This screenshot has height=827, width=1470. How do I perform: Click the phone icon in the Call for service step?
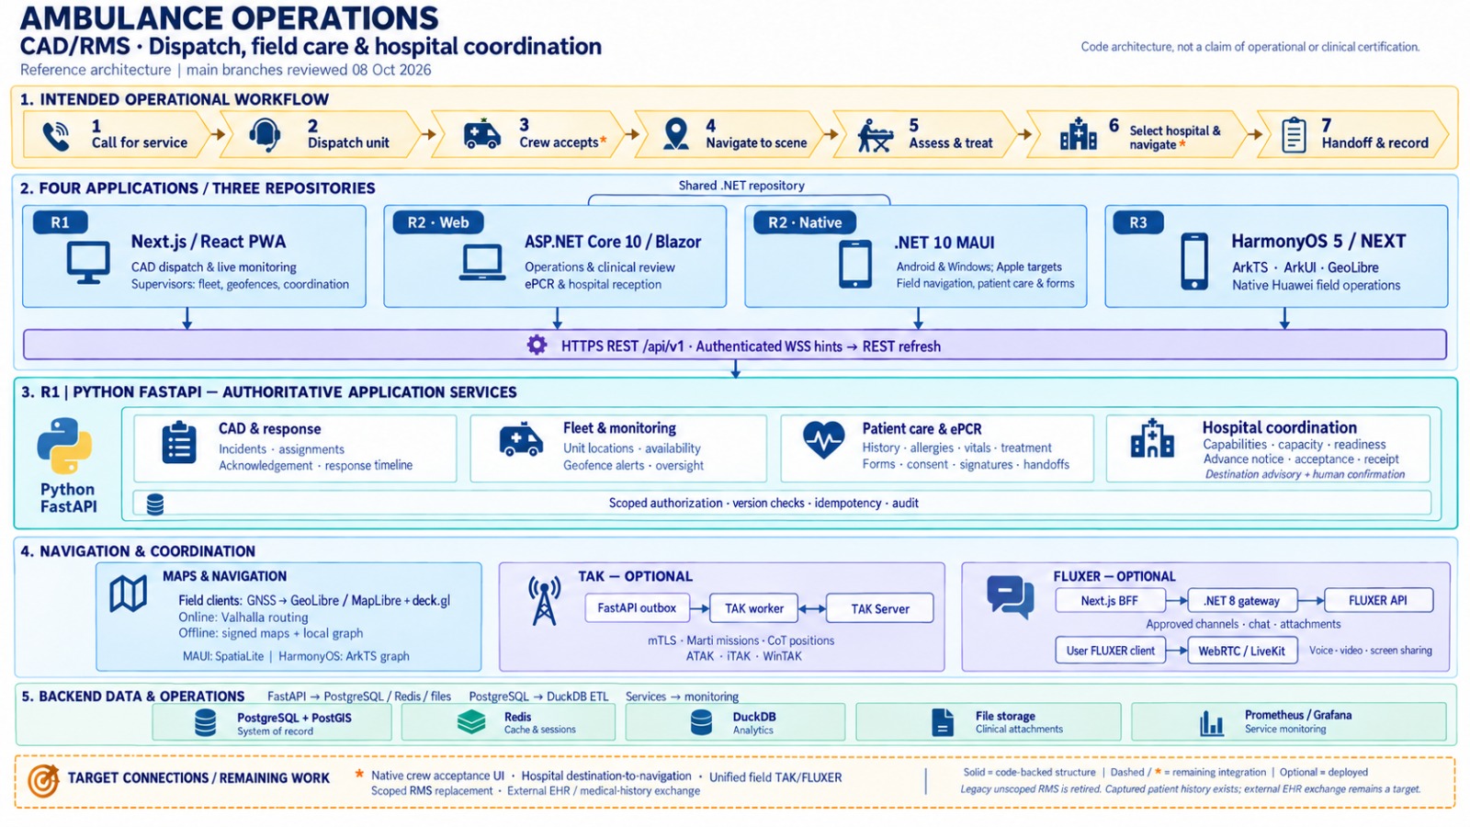pyautogui.click(x=56, y=136)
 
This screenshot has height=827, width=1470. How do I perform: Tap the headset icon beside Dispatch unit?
pyautogui.click(x=266, y=135)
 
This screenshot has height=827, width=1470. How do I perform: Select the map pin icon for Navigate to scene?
pyautogui.click(x=676, y=134)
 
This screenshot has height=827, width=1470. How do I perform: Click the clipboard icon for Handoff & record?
pyautogui.click(x=1294, y=135)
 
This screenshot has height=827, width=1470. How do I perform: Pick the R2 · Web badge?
pyautogui.click(x=437, y=222)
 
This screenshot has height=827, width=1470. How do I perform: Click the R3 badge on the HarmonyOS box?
pyautogui.click(x=1138, y=222)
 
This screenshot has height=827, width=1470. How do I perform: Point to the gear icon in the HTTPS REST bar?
pyautogui.click(x=537, y=346)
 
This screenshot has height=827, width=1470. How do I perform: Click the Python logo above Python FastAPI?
pyautogui.click(x=64, y=447)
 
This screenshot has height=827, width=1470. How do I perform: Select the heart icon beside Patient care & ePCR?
pyautogui.click(x=823, y=440)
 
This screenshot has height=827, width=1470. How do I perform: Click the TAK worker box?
pyautogui.click(x=753, y=608)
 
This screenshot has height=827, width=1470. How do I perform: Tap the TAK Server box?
pyautogui.click(x=879, y=608)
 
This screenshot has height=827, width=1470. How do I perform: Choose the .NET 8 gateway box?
pyautogui.click(x=1241, y=601)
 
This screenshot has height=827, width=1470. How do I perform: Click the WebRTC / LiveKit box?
pyautogui.click(x=1241, y=651)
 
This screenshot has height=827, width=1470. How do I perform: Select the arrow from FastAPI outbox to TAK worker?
pyautogui.click(x=699, y=608)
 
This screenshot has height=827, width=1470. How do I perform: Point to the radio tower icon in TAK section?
pyautogui.click(x=545, y=601)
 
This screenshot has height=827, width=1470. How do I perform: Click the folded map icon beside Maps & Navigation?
pyautogui.click(x=128, y=594)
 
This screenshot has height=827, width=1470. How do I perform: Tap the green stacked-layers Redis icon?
pyautogui.click(x=471, y=722)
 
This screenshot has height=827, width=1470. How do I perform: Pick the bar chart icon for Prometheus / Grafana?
pyautogui.click(x=1212, y=722)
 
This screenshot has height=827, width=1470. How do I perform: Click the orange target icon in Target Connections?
pyautogui.click(x=43, y=781)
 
